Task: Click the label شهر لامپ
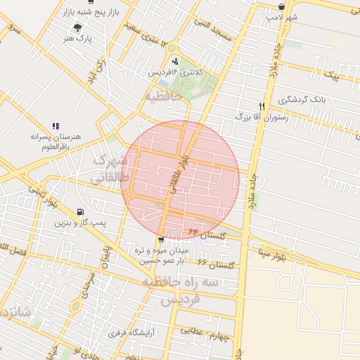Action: click(282, 16)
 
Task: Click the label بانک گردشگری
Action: click(304, 101)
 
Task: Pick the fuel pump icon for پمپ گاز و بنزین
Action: click(79, 212)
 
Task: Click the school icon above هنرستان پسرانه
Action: click(56, 126)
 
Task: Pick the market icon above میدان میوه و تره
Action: click(162, 240)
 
